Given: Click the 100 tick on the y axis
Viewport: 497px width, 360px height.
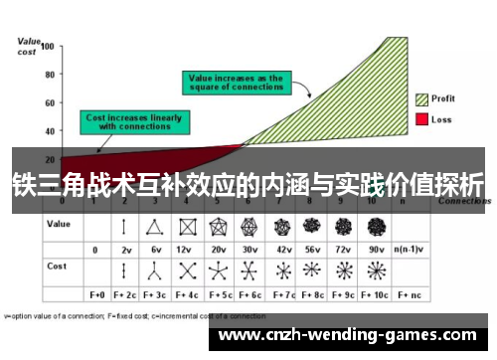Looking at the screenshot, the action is click(47, 47).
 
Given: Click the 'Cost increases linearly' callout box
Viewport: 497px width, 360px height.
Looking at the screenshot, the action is click(134, 122).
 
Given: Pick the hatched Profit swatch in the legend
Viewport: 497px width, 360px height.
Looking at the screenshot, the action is click(421, 99).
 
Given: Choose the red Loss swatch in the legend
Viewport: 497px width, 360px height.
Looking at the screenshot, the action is click(421, 119).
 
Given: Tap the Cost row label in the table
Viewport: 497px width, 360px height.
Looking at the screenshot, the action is click(57, 268).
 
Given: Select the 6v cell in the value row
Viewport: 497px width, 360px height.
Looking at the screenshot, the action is click(153, 249).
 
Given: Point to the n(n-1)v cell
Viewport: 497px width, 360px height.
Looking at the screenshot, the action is click(408, 249).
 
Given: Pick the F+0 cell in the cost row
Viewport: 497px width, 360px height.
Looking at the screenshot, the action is click(97, 295).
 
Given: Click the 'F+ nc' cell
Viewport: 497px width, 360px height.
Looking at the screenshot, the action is click(408, 295).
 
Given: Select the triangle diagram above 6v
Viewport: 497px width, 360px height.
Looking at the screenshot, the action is click(153, 226).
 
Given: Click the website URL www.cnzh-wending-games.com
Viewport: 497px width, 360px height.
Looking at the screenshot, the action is click(354, 334).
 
